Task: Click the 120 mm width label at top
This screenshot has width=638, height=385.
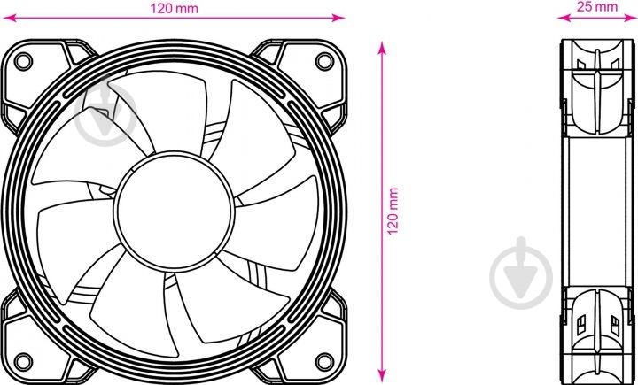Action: click(175, 7)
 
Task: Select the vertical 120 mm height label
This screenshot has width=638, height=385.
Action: click(394, 212)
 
